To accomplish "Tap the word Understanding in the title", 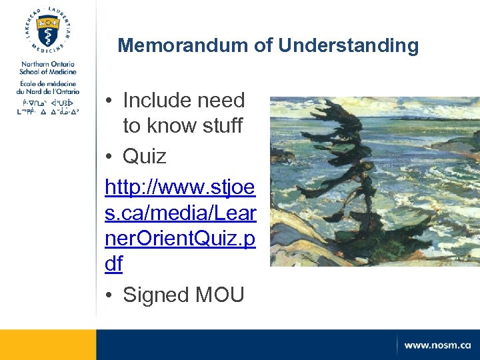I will point(349,46).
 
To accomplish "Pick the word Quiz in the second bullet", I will point(145,157).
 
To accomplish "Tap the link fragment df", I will point(114,264).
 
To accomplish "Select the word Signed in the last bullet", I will point(157,295).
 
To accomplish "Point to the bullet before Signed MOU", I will point(109,295).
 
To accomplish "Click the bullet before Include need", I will point(109,101).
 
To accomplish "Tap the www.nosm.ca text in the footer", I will point(437,345).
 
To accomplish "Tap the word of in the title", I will point(264,46).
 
